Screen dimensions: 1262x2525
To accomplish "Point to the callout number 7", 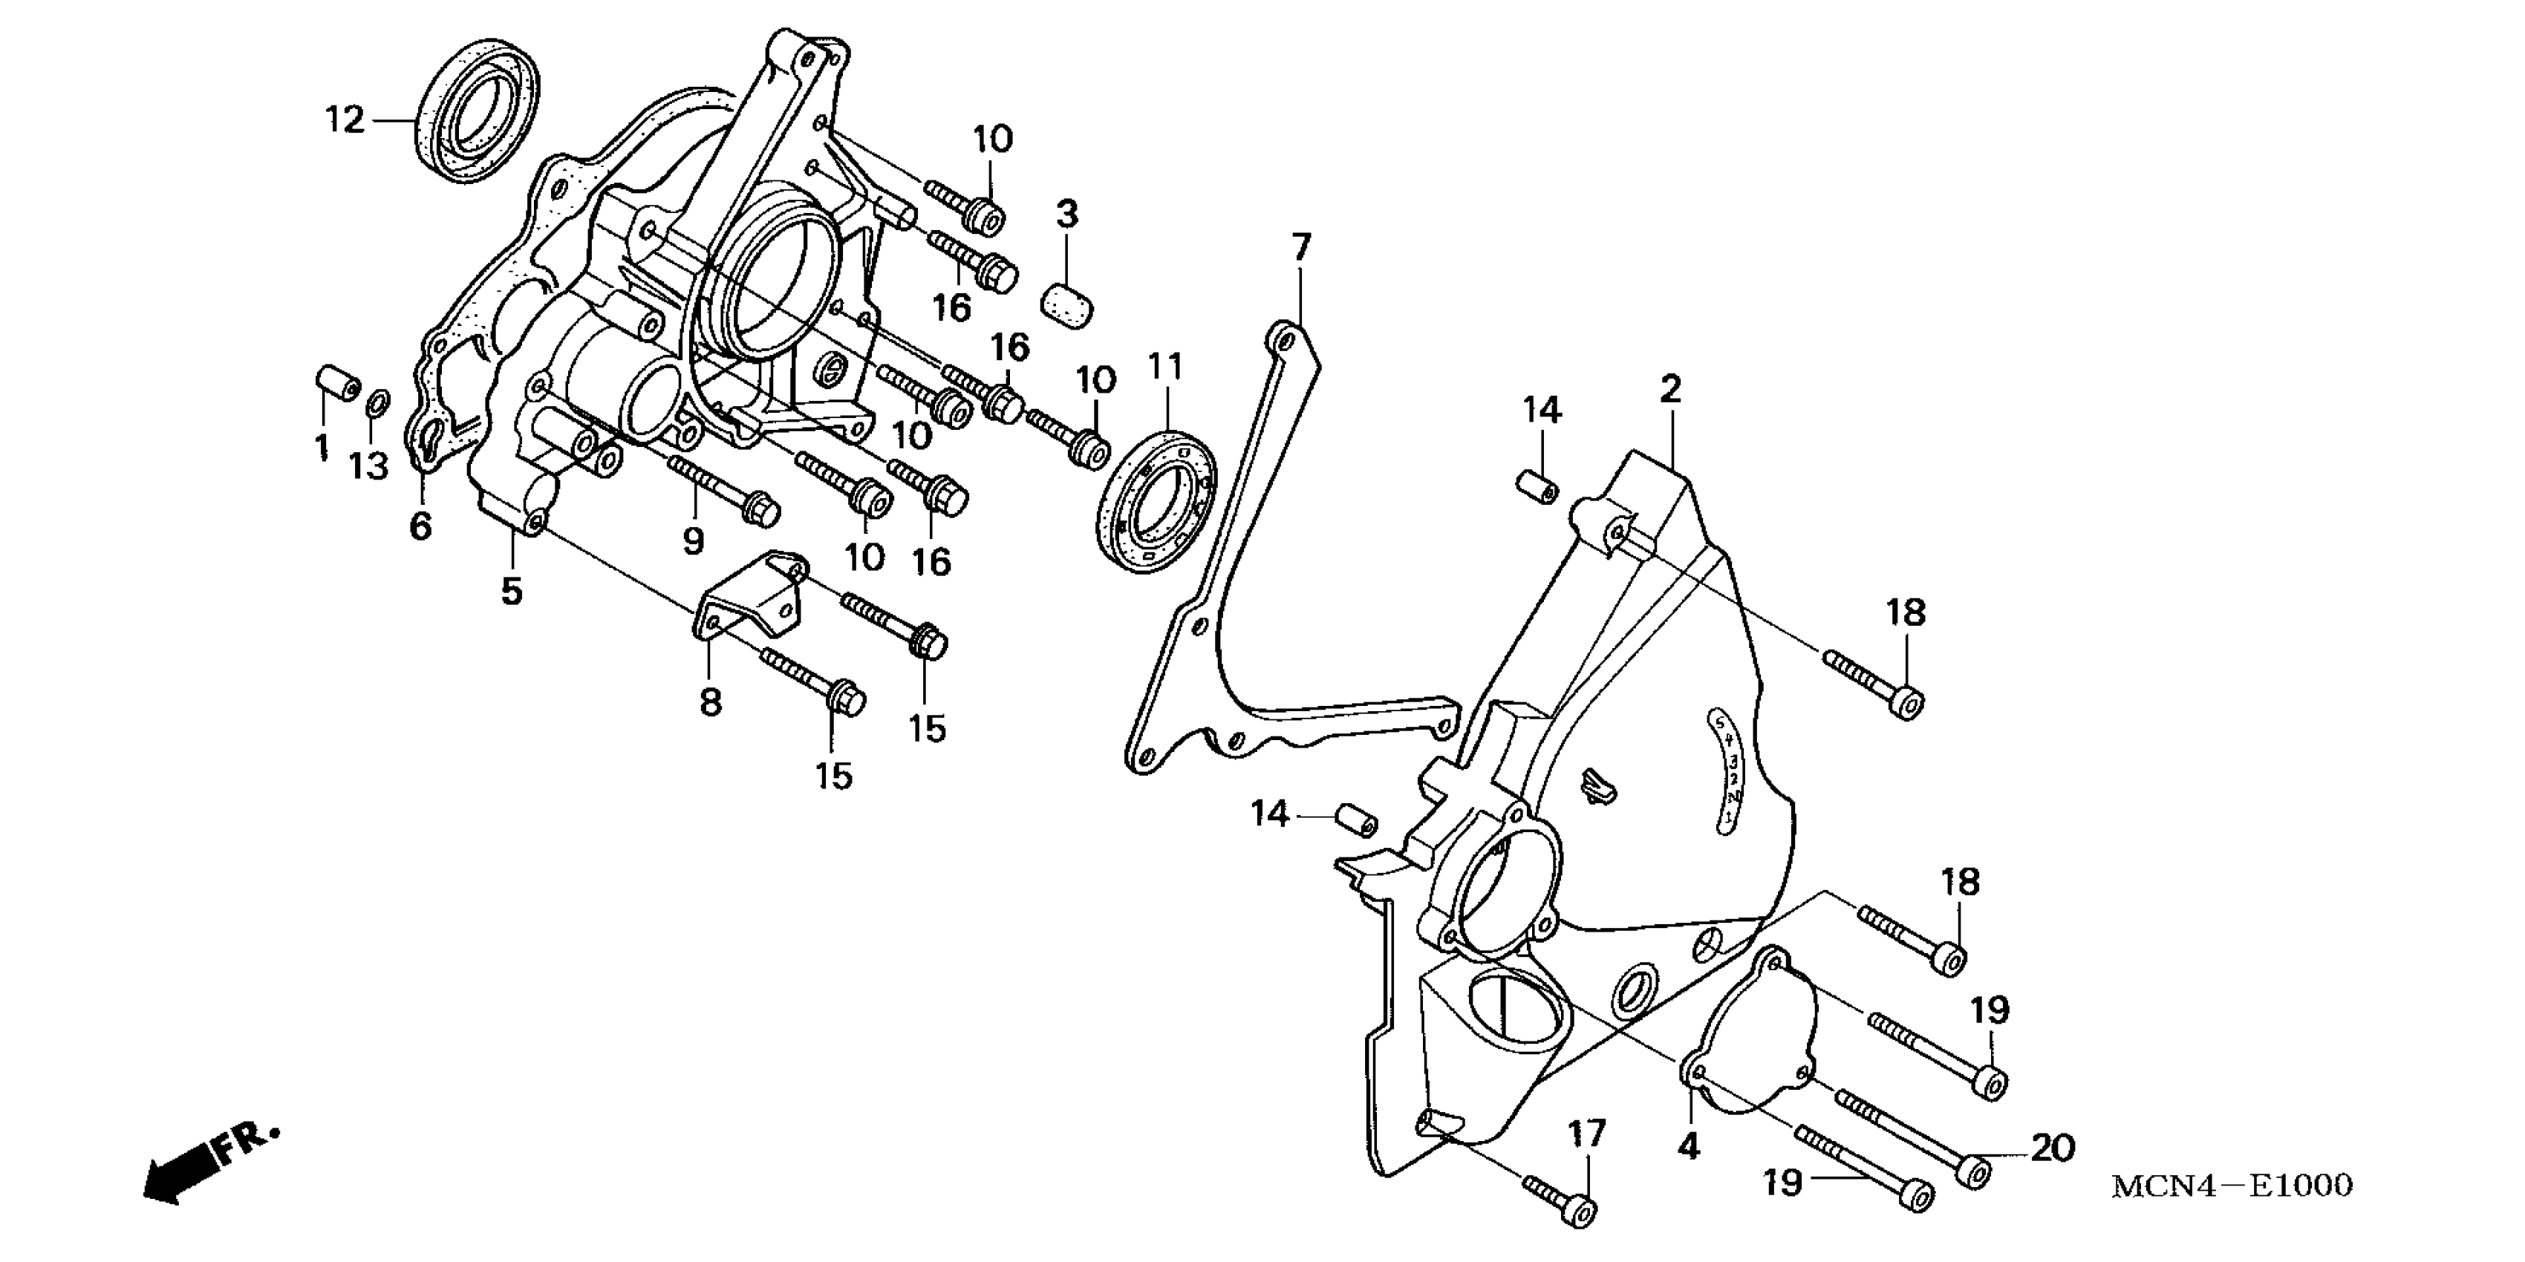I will (x=1300, y=249).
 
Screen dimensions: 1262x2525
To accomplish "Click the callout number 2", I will (x=1670, y=390).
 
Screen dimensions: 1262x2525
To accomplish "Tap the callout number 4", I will (x=1688, y=1145).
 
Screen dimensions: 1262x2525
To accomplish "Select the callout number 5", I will (x=512, y=591).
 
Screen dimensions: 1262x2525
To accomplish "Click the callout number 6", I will (x=420, y=526).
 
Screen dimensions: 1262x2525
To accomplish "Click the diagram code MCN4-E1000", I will (x=2231, y=1186).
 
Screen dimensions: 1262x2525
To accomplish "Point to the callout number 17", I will (x=1587, y=1134).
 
